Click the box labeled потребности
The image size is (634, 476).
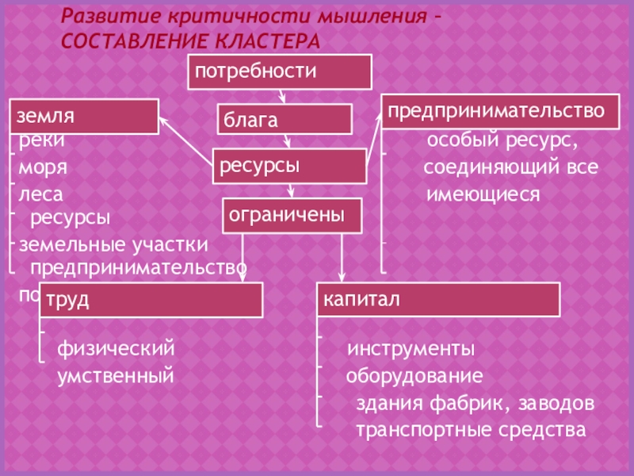tap(279, 71)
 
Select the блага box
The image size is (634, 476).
tap(285, 120)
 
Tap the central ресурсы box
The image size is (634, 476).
tap(289, 167)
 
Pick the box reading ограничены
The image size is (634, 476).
tap(292, 215)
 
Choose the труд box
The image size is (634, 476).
tap(151, 300)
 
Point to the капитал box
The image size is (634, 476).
tap(438, 300)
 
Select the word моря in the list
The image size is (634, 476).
tap(44, 169)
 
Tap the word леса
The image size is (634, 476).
tap(41, 193)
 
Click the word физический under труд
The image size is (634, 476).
tap(115, 348)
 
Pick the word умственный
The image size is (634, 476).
tap(115, 374)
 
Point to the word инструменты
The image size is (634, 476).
tap(411, 349)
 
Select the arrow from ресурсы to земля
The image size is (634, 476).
tap(185, 136)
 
